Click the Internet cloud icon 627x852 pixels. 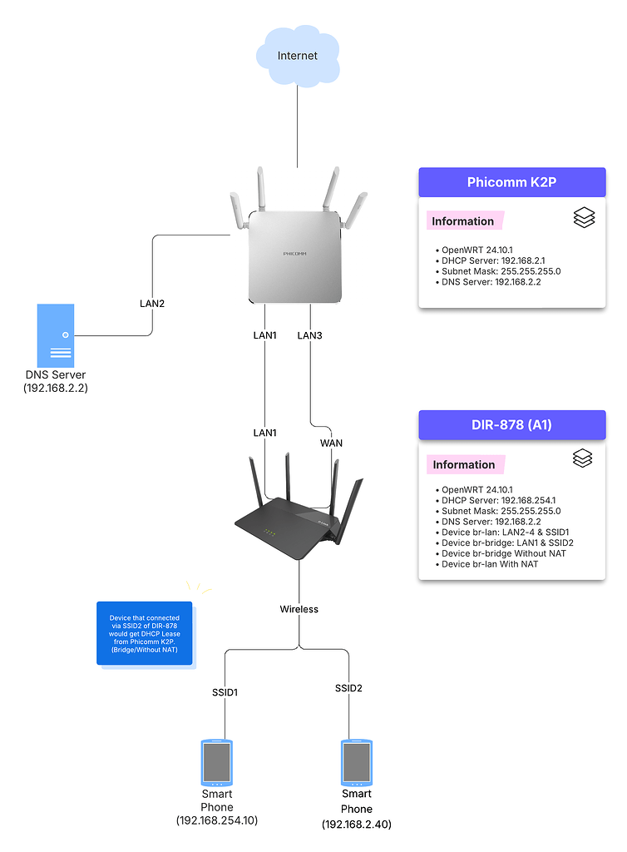[297, 56]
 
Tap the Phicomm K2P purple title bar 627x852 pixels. [511, 181]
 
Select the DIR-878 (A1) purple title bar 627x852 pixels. [511, 424]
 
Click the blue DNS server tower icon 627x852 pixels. [56, 334]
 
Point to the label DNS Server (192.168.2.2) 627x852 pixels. [57, 381]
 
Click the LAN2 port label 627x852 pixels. [151, 303]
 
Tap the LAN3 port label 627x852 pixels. [309, 335]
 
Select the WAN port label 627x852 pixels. [331, 443]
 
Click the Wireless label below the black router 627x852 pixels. [299, 609]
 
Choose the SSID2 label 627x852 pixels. [348, 688]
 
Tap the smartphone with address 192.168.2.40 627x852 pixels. [357, 763]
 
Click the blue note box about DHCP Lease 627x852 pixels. [144, 633]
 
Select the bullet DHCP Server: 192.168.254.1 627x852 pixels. [494, 500]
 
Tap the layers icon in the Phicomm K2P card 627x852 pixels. [584, 218]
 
